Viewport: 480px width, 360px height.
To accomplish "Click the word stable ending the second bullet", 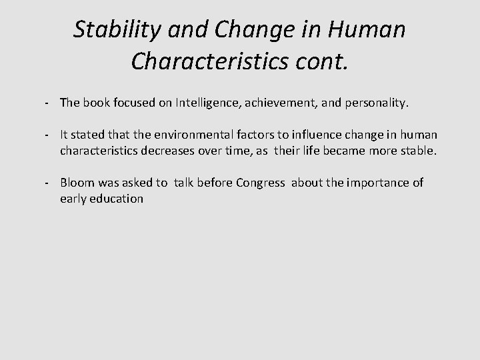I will pyautogui.click(x=417, y=151).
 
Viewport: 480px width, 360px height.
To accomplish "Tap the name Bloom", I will pyautogui.click(x=77, y=183).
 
